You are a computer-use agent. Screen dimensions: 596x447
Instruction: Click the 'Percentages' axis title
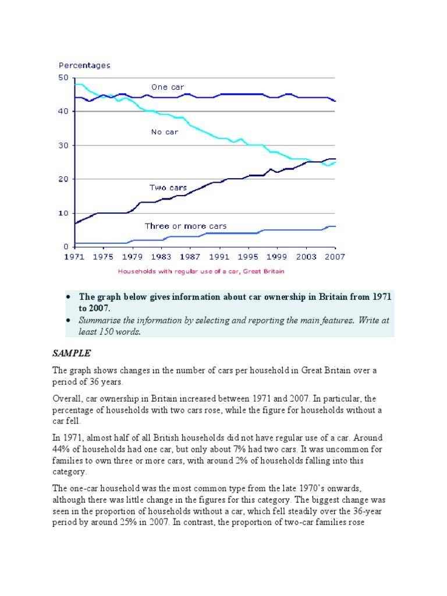84,66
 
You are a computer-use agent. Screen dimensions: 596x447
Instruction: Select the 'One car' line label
168,87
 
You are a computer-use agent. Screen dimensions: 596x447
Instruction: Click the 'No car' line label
164,132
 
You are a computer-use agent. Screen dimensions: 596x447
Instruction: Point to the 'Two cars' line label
168,188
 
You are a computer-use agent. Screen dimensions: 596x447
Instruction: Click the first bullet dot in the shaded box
69,297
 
